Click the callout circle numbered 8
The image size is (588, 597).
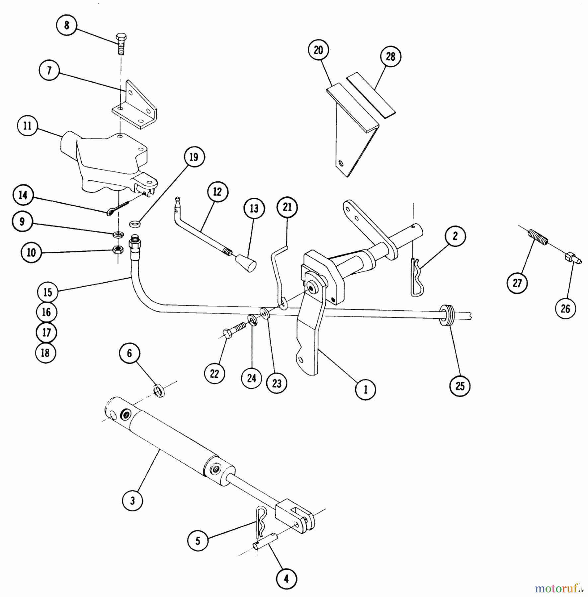click(x=67, y=25)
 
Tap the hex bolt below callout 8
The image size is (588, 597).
click(x=121, y=44)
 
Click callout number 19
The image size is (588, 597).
click(x=194, y=157)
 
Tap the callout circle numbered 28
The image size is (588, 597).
click(x=390, y=56)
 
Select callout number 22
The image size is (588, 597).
click(x=214, y=374)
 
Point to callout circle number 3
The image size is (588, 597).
click(x=132, y=500)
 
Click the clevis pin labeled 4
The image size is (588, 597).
click(x=265, y=545)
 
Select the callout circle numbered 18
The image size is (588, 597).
click(x=45, y=353)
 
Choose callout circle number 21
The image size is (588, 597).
click(x=287, y=207)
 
